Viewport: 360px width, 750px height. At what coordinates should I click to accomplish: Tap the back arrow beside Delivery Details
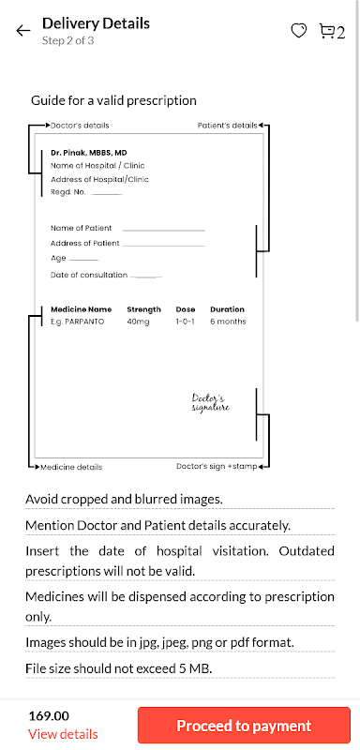click(22, 31)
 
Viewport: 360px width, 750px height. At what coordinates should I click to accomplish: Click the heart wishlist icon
click(299, 31)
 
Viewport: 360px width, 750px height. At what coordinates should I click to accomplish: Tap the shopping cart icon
click(326, 32)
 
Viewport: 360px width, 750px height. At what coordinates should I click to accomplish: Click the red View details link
click(63, 734)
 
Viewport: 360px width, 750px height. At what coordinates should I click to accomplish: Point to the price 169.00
click(49, 716)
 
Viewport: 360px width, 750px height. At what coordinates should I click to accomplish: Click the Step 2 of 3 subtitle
click(67, 40)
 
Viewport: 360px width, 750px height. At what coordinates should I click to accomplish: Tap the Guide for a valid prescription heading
click(113, 100)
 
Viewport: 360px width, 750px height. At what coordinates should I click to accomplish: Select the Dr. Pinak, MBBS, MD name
click(89, 153)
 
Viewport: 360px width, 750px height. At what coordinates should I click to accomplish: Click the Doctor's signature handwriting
click(210, 403)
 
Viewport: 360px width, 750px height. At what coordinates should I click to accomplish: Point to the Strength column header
click(143, 309)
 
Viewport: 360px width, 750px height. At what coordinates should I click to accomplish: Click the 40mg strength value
click(138, 322)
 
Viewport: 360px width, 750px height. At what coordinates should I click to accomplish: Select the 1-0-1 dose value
click(185, 322)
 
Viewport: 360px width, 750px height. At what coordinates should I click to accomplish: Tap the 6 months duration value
click(228, 322)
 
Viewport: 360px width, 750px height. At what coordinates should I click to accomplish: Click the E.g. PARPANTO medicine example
click(77, 322)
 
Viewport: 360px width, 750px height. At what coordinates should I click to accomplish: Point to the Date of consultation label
click(89, 275)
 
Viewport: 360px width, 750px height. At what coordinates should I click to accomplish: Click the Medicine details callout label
click(71, 467)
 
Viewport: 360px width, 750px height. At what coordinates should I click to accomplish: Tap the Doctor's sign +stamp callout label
click(217, 466)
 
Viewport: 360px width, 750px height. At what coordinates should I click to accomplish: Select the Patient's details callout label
click(228, 126)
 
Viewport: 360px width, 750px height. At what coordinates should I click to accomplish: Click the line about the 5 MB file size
click(118, 668)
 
